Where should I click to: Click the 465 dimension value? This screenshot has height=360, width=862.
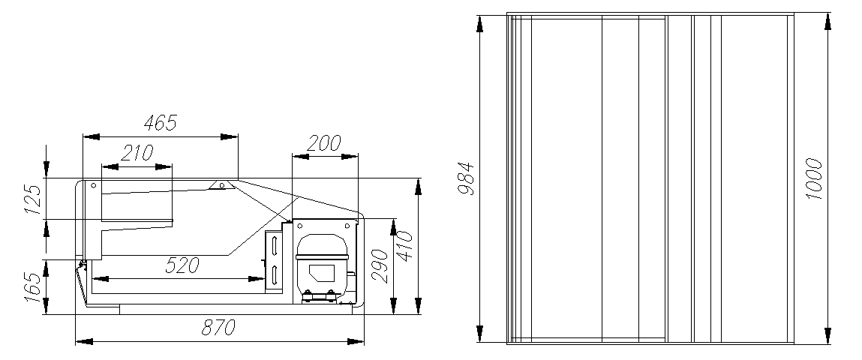pos(161,123)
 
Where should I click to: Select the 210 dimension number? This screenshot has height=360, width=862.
pos(137,153)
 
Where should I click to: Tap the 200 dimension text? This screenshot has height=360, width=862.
pos(324,143)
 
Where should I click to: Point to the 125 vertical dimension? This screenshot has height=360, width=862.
pos(32,199)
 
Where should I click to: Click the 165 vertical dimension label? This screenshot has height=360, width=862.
pos(32,287)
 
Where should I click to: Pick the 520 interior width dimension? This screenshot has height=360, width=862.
pos(182,266)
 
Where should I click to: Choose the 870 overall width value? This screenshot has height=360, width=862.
pos(218,328)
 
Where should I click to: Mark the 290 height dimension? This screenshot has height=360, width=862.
pos(380,266)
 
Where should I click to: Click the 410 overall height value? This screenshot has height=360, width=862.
pos(404,246)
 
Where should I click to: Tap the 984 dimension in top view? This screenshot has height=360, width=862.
pos(466,178)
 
